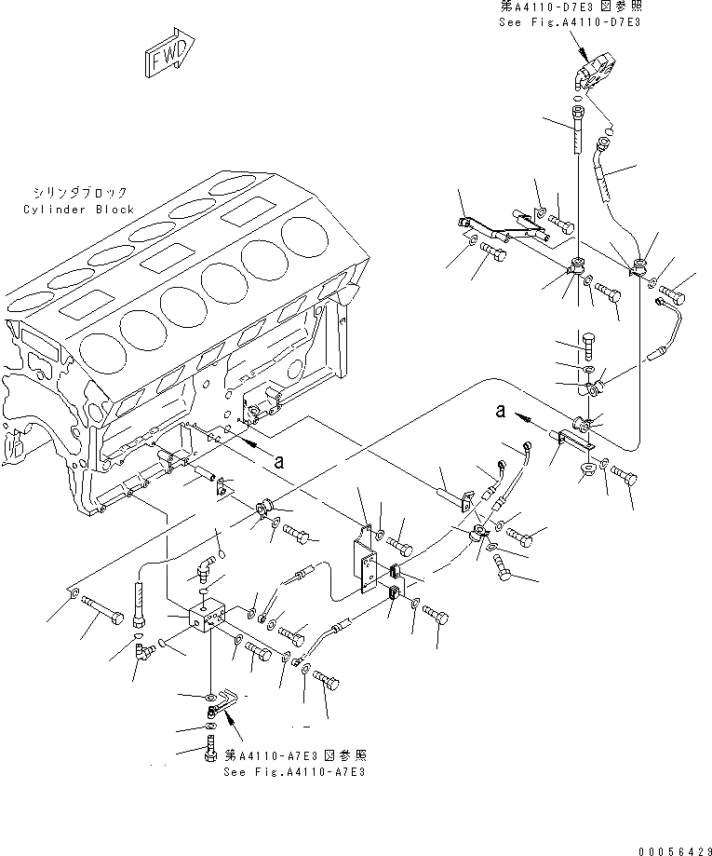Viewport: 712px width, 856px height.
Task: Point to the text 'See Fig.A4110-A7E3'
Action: (x=293, y=772)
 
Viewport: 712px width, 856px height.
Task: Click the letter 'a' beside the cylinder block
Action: (x=276, y=457)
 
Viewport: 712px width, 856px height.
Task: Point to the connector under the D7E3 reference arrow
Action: (x=592, y=78)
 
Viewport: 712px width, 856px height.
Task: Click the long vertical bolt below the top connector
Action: (x=575, y=131)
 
